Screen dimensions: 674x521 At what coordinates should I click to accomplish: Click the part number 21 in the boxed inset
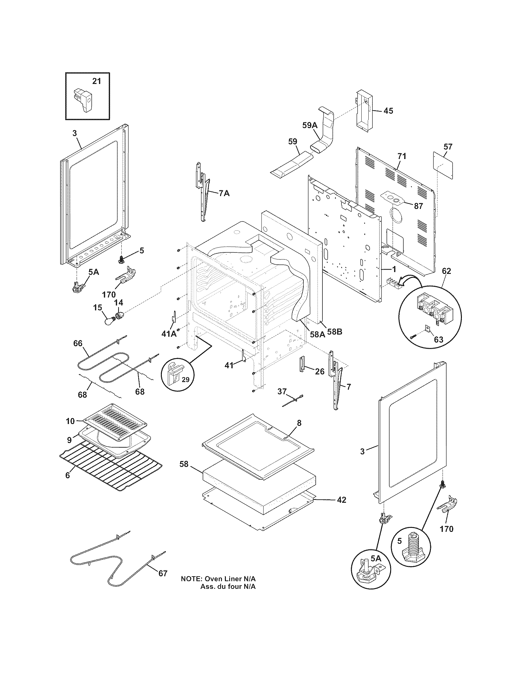point(97,81)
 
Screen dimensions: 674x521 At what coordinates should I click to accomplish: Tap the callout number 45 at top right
point(388,111)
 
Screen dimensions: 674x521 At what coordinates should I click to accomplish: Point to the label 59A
point(310,125)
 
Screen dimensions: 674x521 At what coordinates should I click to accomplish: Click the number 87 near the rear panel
point(418,206)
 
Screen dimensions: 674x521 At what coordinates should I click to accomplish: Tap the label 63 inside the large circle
point(438,339)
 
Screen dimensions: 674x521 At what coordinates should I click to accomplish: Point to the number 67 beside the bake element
point(163,574)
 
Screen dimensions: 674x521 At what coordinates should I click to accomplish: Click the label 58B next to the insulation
point(335,332)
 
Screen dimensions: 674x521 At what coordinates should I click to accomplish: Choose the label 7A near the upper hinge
point(224,194)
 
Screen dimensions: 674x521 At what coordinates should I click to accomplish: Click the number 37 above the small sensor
point(282,391)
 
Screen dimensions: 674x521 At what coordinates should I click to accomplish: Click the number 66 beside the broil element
point(78,343)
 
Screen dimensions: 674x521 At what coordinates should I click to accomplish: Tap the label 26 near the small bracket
point(320,372)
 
